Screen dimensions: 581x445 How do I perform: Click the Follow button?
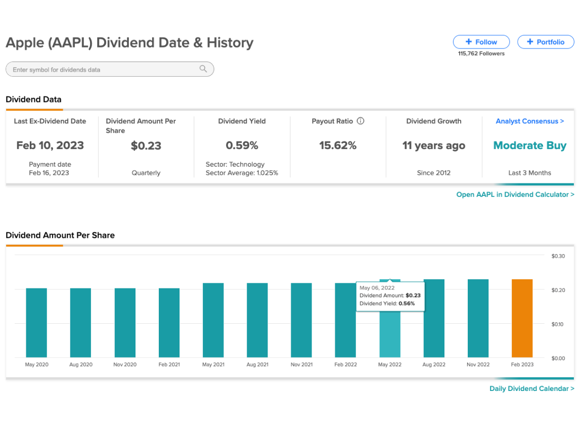click(481, 42)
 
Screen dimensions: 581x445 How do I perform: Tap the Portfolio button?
click(546, 42)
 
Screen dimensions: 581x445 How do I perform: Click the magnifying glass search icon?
click(203, 69)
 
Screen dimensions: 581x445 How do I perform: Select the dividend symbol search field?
click(110, 69)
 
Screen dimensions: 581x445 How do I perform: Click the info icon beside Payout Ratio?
click(361, 121)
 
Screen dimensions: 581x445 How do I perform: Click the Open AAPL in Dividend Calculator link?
click(515, 194)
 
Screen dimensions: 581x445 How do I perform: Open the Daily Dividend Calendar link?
click(532, 388)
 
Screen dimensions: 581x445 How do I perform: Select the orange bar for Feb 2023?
click(522, 318)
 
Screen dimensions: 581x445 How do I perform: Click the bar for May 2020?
click(36, 323)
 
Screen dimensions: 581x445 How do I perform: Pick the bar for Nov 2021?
click(301, 320)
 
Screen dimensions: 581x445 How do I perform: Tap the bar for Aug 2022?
click(434, 318)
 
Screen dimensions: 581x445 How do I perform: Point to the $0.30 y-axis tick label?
click(558, 256)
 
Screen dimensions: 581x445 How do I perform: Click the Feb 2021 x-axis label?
click(169, 365)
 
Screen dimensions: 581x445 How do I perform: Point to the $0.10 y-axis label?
click(557, 324)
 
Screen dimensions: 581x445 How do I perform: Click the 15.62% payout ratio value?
click(338, 145)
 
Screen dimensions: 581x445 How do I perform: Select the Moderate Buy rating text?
click(530, 145)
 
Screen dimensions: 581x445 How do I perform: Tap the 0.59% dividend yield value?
click(242, 145)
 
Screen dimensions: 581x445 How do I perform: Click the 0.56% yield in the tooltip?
click(407, 304)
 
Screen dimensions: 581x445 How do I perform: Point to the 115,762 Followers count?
click(481, 54)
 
